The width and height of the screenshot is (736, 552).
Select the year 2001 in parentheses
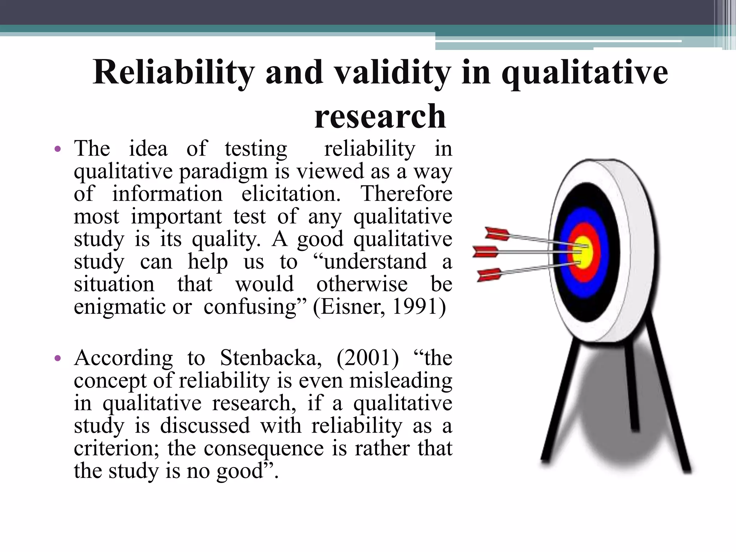tap(368, 358)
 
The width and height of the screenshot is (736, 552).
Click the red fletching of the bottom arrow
tap(489, 275)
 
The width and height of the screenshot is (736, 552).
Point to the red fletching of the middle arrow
tap(485, 252)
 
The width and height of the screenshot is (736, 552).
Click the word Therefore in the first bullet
tap(406, 194)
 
